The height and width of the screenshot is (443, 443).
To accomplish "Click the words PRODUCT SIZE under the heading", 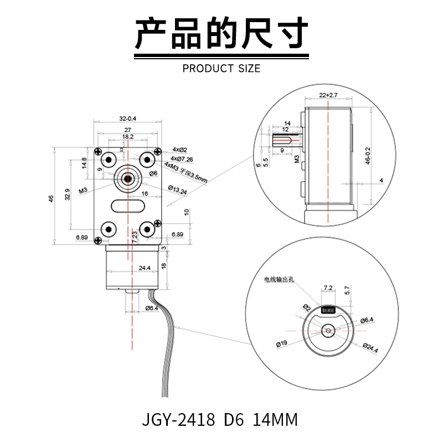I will (x=221, y=69).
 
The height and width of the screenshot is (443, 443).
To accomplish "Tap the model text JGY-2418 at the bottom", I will (x=178, y=419).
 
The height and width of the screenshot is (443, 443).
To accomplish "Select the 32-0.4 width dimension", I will (x=128, y=119).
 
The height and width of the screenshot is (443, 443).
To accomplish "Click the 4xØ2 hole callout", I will (x=180, y=150).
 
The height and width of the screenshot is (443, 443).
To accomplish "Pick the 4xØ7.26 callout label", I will (x=182, y=159).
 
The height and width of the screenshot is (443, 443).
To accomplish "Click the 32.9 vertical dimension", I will (x=68, y=193).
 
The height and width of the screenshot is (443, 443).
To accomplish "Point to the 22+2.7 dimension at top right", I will (x=328, y=95).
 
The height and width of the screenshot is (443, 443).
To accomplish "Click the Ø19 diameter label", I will (x=281, y=344).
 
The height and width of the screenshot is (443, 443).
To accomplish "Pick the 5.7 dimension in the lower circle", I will (x=347, y=289).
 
